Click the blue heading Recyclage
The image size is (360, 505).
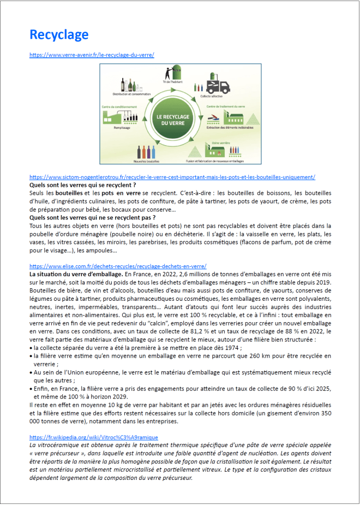click(x=59, y=35)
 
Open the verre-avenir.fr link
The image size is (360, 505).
click(x=92, y=55)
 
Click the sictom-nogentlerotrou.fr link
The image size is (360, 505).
click(x=172, y=177)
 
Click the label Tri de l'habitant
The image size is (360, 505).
click(x=173, y=82)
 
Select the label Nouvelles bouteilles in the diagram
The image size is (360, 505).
click(x=146, y=161)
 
